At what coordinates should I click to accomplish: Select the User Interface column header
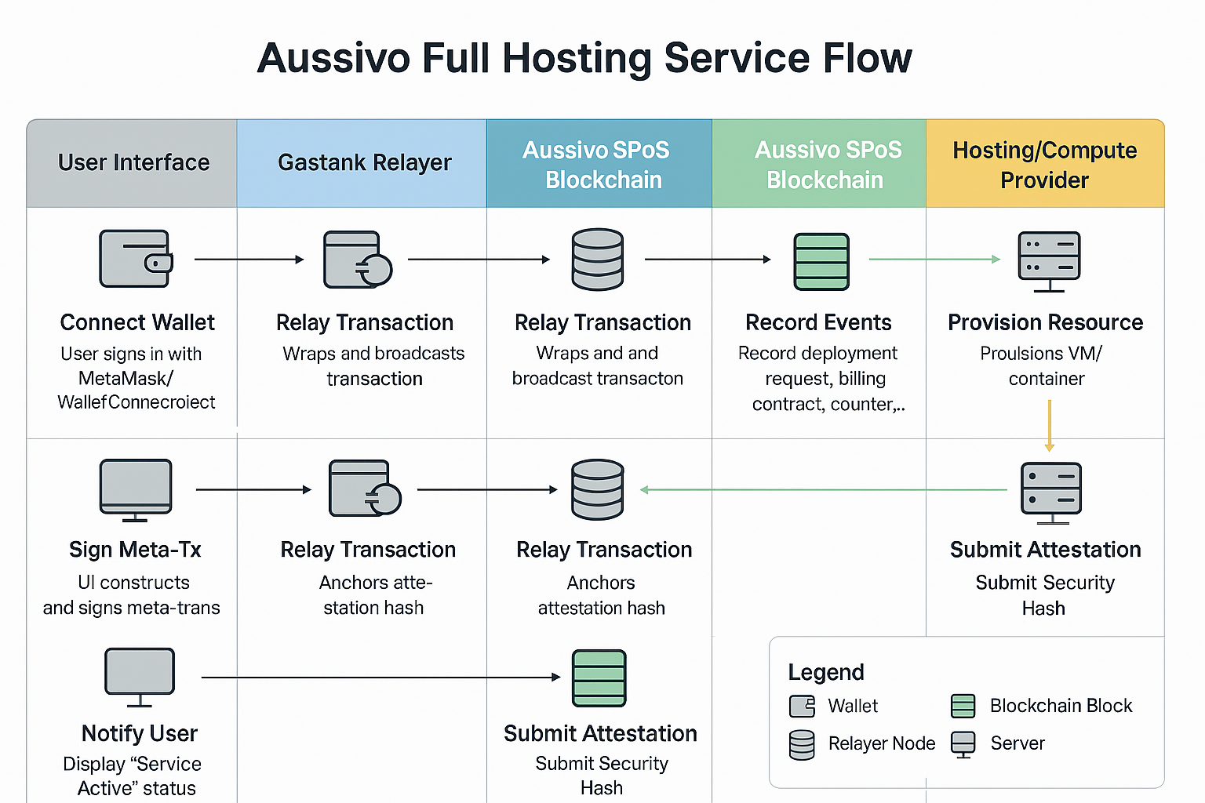point(133,163)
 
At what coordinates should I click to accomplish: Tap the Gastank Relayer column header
point(364,163)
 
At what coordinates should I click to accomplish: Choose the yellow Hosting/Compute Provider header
point(1044,165)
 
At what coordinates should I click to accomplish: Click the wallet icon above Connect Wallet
point(136,259)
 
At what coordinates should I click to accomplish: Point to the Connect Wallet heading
point(137,322)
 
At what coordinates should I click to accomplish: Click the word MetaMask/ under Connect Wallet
point(126,378)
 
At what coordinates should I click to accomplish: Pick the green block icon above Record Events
point(821,261)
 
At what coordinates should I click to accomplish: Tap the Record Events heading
point(818,322)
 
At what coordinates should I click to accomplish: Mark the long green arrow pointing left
point(824,490)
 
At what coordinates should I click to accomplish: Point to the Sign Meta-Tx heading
point(135,550)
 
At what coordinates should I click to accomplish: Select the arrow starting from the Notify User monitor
point(380,677)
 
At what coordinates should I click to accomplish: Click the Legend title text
point(826,672)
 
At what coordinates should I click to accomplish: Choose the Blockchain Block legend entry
point(1061,706)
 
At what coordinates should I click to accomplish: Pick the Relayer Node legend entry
point(881,743)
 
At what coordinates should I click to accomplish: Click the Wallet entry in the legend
point(852,706)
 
